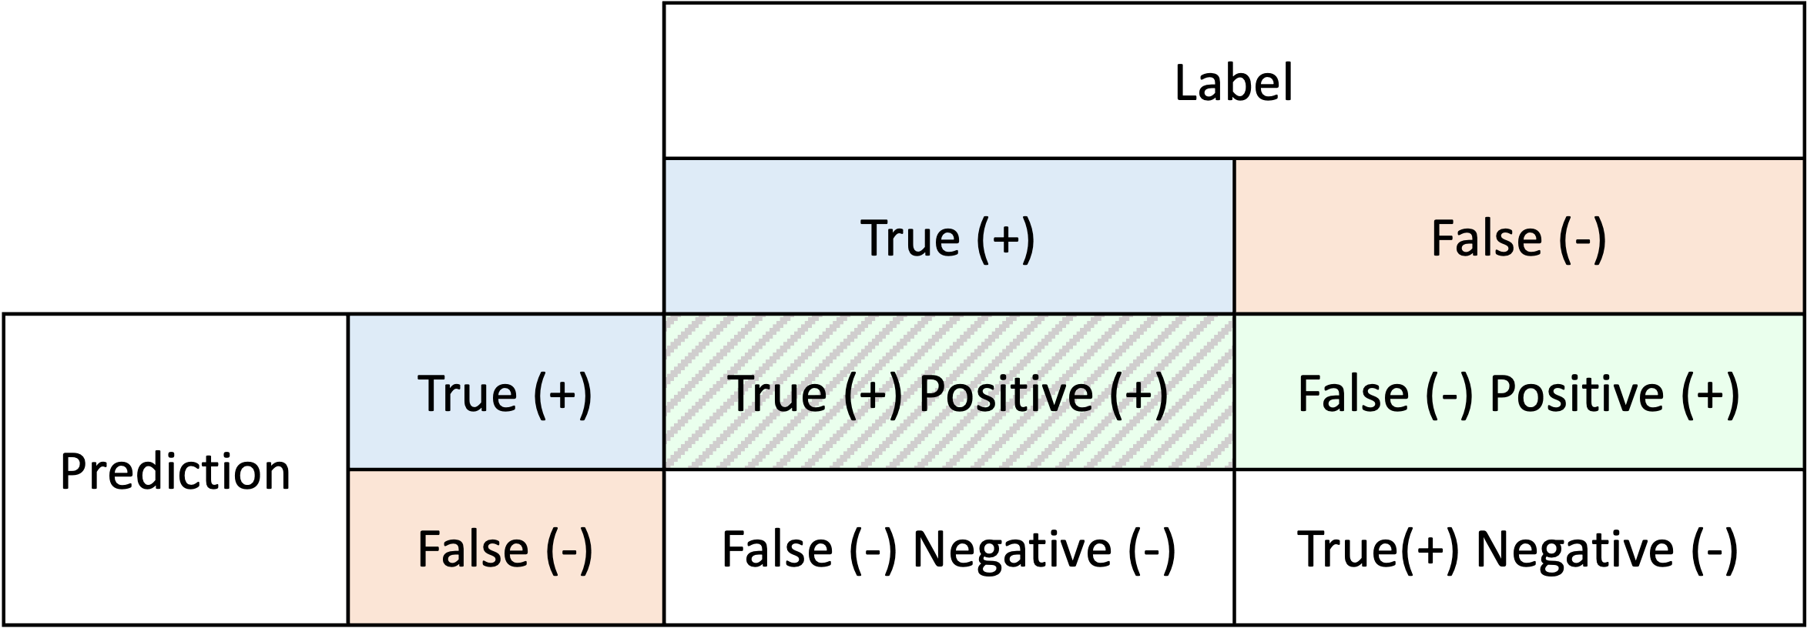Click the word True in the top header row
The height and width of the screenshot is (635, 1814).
[x=910, y=238]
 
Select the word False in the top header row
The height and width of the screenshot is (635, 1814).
[x=1486, y=238]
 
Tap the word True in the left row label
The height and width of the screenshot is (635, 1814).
[x=467, y=393]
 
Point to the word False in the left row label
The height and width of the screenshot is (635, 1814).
[x=472, y=549]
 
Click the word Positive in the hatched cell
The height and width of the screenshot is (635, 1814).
[x=1007, y=393]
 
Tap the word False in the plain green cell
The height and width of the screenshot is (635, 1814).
[x=1353, y=393]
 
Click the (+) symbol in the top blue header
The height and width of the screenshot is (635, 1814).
[x=1005, y=238]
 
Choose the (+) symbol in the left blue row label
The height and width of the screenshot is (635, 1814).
[x=562, y=393]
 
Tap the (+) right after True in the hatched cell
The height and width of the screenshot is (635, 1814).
[x=873, y=393]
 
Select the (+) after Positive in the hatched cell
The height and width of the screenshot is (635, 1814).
[x=1139, y=393]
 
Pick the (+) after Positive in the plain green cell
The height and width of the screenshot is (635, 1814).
[x=1710, y=393]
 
